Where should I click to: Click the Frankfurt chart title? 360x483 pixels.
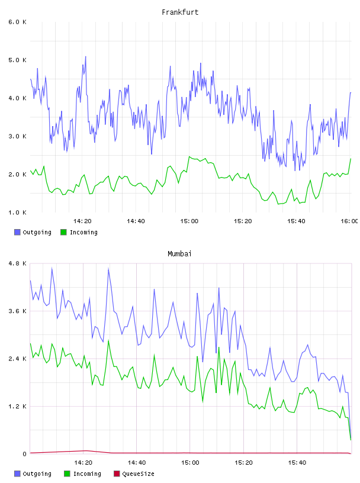[x=180, y=12]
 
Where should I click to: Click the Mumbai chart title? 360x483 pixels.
[x=179, y=254]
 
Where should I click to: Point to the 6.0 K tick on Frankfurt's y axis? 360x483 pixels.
[x=17, y=22]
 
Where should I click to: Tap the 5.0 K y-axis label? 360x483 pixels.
[x=17, y=60]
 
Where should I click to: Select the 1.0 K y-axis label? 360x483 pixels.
[x=17, y=212]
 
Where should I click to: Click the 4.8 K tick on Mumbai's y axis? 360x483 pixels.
[x=17, y=263]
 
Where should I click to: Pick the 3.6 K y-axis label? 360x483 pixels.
[x=17, y=311]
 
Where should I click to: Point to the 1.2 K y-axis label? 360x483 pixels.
[x=17, y=406]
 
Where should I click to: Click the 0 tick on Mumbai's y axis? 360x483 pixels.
[x=24, y=454]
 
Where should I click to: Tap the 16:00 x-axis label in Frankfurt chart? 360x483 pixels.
[x=349, y=221]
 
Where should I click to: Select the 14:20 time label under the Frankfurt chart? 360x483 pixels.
[x=82, y=221]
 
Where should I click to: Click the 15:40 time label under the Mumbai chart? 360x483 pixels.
[x=297, y=463]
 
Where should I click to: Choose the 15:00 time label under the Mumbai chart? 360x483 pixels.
[x=190, y=463]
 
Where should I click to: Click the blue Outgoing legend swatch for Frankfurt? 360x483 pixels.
[x=17, y=232]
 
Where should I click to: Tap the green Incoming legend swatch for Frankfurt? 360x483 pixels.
[x=63, y=232]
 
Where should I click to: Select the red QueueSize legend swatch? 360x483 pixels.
[x=117, y=474]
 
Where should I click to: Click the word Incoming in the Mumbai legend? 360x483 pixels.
[x=87, y=474]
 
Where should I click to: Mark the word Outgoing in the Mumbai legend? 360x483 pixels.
[x=37, y=474]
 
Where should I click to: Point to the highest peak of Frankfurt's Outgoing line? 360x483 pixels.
[x=85, y=56]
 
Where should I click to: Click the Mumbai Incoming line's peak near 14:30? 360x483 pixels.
[x=108, y=341]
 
